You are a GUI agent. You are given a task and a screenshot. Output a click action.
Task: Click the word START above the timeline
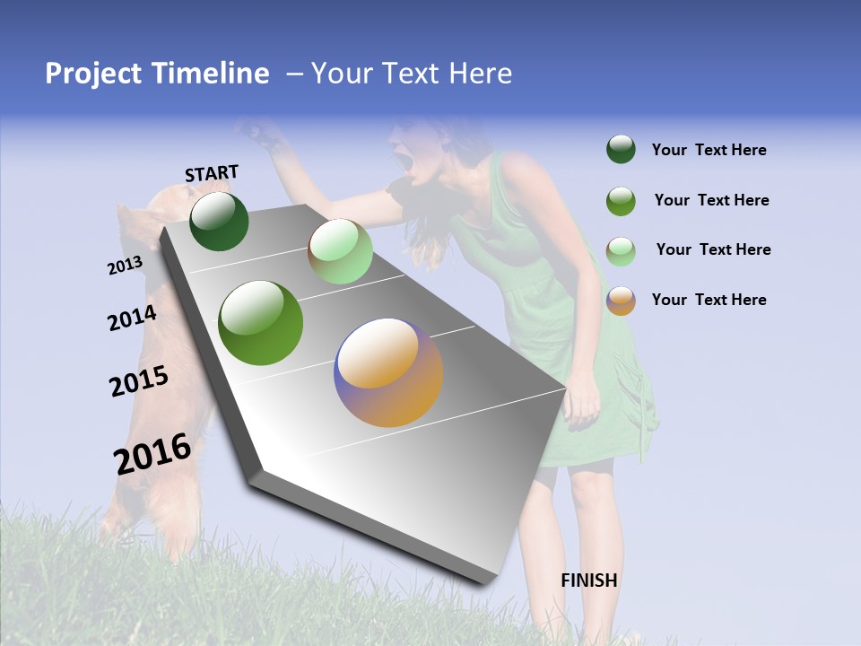point(212,173)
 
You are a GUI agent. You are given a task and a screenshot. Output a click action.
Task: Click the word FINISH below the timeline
point(588,581)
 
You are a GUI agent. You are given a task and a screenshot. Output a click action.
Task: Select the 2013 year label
point(125,266)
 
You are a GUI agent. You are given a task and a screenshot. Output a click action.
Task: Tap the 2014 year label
point(132,319)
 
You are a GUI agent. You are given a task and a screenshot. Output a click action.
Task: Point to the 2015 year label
point(138,382)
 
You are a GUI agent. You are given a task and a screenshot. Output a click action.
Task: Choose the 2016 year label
point(152,454)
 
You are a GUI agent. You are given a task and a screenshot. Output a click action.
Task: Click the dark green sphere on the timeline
point(219,221)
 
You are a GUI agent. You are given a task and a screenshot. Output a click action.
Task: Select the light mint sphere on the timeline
point(340,251)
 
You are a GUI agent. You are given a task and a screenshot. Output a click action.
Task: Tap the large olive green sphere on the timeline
point(261,323)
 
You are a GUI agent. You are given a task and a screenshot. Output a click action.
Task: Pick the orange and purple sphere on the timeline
point(388,372)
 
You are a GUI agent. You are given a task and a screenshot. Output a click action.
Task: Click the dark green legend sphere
point(621,150)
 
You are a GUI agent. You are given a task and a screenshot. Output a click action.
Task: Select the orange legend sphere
point(621,301)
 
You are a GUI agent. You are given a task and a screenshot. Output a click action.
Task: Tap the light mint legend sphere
point(621,250)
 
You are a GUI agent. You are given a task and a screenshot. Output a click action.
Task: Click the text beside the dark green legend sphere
point(709,150)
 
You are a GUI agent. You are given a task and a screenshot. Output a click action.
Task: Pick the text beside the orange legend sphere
point(709,300)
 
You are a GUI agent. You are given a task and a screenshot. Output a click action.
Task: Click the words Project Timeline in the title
point(157,74)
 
